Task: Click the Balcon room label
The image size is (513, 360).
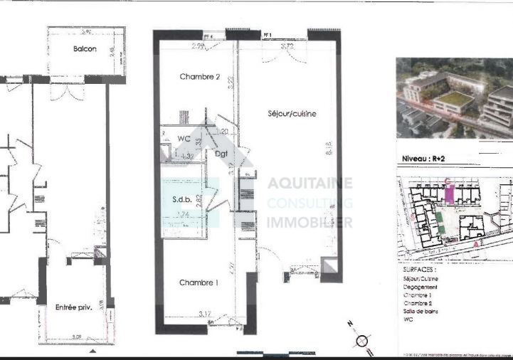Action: [x=85, y=49]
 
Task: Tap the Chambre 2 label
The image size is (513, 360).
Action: [x=199, y=77]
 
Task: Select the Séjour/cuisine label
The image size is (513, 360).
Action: [x=292, y=114]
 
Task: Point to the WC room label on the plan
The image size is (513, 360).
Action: [x=184, y=138]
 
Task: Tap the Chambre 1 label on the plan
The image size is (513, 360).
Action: [x=199, y=283]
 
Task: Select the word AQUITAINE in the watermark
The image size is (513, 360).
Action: [x=310, y=184]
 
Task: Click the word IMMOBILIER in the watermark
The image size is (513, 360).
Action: [x=310, y=223]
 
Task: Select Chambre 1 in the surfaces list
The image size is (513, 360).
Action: [x=418, y=295]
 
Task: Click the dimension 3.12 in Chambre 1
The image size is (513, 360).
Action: [x=206, y=313]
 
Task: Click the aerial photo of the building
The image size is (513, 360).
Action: [x=454, y=98]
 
